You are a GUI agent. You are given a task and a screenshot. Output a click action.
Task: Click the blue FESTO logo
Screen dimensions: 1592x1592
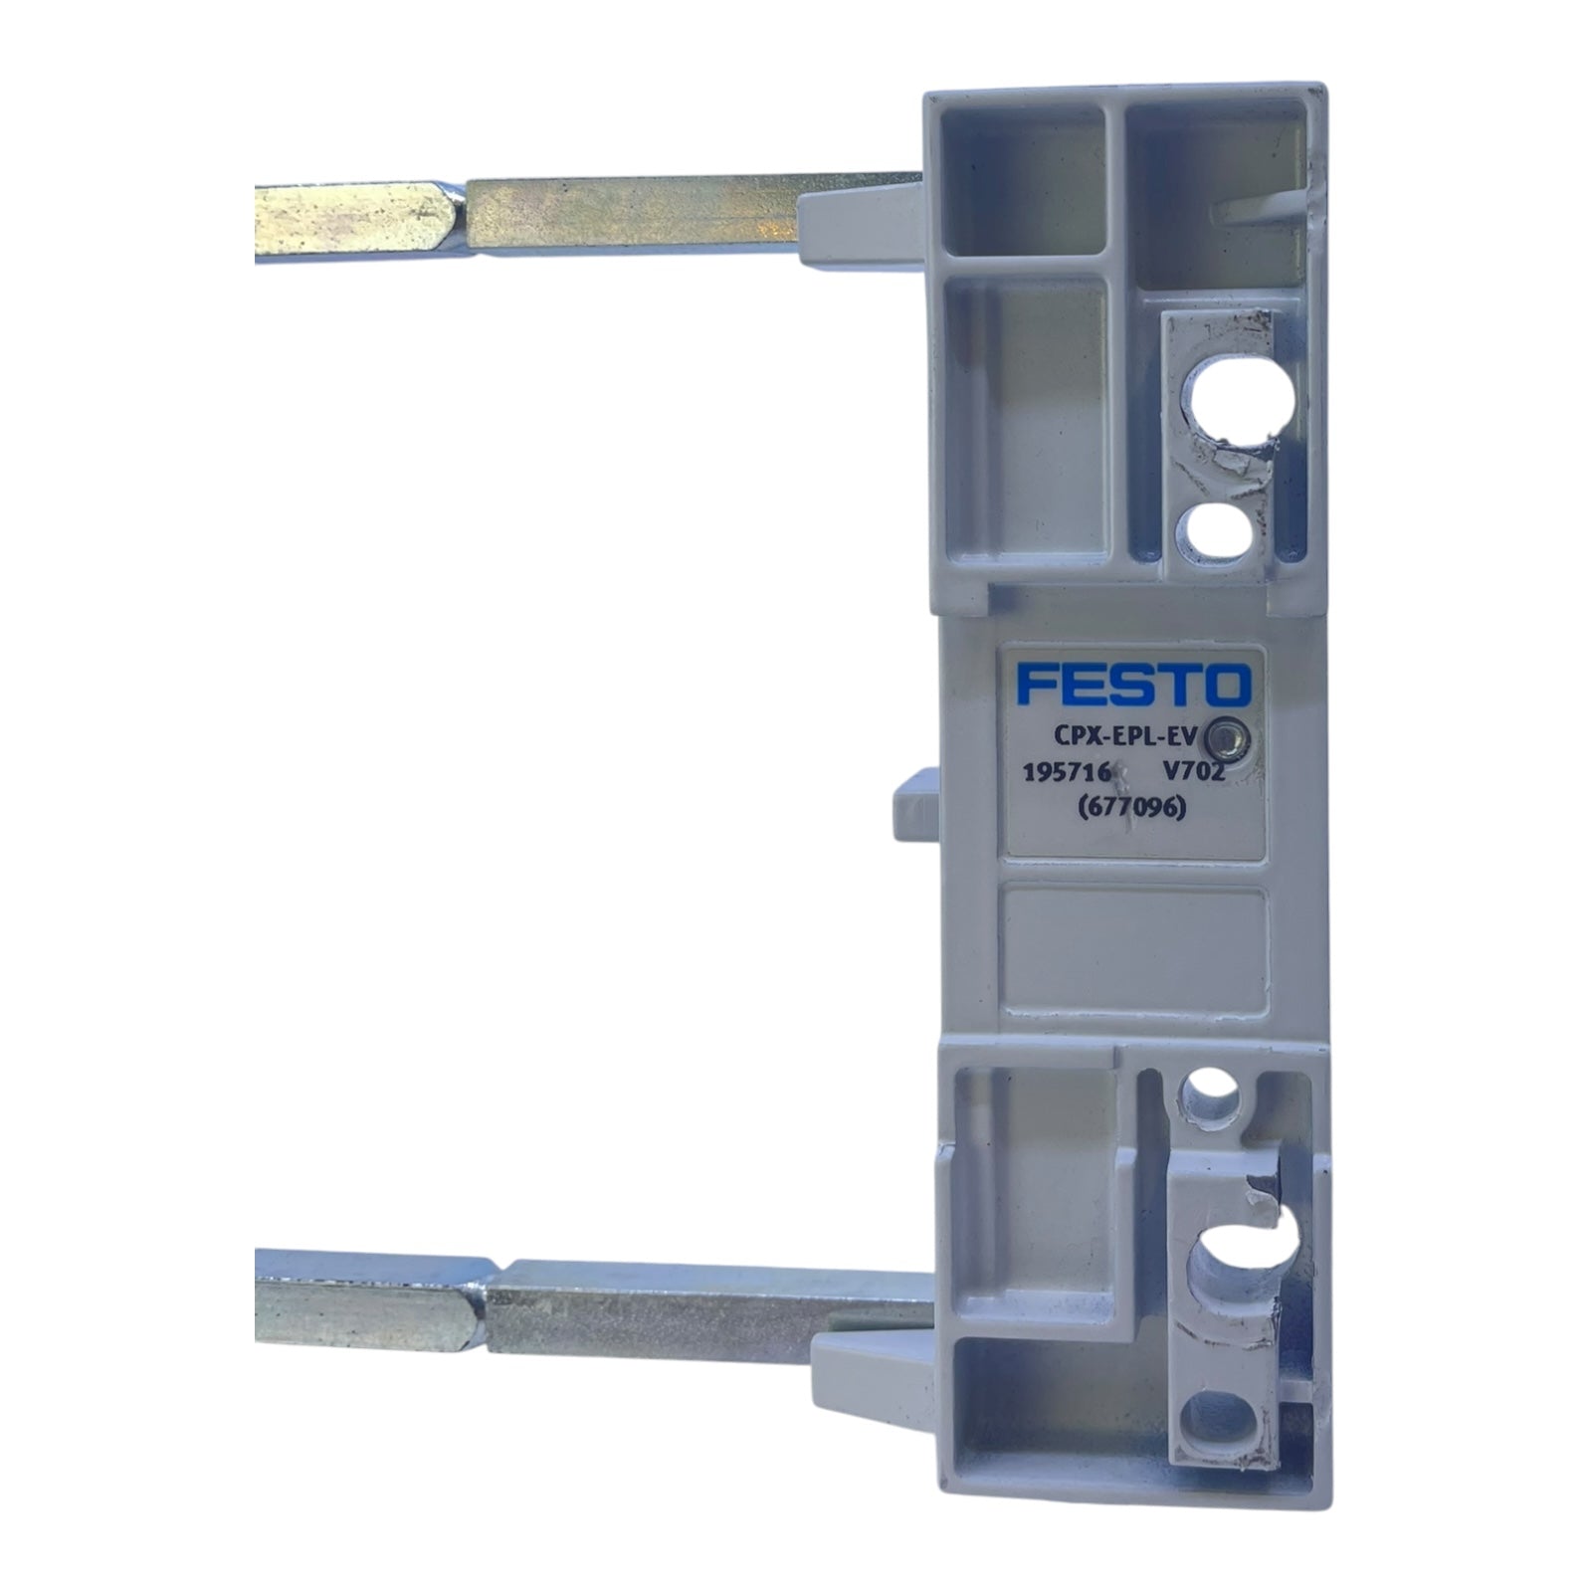coord(1132,685)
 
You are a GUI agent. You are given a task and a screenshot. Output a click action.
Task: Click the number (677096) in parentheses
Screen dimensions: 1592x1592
coord(1132,809)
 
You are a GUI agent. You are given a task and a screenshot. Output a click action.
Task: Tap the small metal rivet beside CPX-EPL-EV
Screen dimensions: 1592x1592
coord(1231,737)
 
